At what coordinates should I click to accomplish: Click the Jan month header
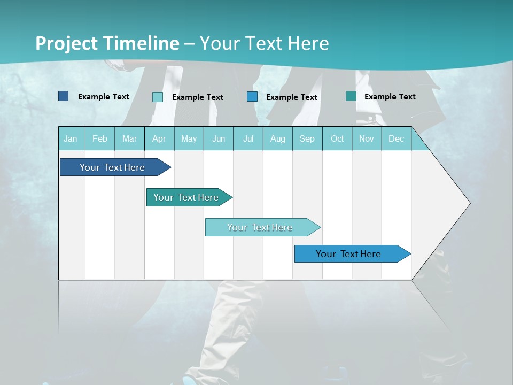click(71, 138)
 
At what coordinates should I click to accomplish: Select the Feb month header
click(100, 138)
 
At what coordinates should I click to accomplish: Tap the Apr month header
click(159, 138)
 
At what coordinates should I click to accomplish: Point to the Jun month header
click(219, 138)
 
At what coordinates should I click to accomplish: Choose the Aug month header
click(277, 138)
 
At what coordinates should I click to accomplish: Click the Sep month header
click(307, 138)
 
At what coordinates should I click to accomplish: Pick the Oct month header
click(337, 138)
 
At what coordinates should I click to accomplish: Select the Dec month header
click(396, 138)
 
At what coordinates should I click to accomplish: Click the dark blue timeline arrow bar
click(112, 167)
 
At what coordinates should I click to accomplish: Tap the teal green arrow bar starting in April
click(186, 197)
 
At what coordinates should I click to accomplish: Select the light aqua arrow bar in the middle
click(260, 227)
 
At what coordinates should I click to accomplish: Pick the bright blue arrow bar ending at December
click(348, 254)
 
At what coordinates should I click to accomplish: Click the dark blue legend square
click(64, 96)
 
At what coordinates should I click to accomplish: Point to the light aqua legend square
click(158, 97)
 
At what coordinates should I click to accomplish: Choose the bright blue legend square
click(252, 97)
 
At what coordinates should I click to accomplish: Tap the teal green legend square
click(351, 96)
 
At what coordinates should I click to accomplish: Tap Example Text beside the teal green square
click(390, 97)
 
